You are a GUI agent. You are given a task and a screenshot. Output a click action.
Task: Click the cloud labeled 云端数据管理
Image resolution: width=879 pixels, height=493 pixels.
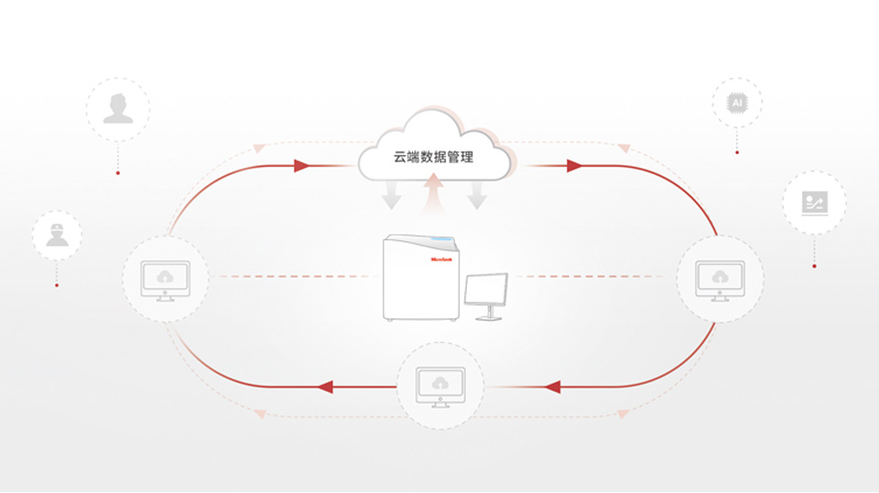tap(434, 153)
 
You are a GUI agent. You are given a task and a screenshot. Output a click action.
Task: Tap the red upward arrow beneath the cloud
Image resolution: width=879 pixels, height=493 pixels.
tap(435, 194)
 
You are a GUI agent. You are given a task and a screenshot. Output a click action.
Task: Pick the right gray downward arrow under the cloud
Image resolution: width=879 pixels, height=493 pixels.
tap(477, 194)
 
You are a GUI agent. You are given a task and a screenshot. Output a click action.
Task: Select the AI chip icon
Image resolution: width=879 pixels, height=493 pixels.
tap(736, 104)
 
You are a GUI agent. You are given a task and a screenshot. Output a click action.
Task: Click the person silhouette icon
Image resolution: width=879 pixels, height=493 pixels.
tap(117, 108)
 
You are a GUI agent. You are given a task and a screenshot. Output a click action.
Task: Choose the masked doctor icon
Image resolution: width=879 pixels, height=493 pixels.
tap(57, 235)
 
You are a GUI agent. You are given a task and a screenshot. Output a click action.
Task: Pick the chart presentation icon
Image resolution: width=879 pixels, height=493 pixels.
tap(814, 203)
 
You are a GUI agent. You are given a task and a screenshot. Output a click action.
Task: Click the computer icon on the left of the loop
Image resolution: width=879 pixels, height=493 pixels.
tap(165, 277)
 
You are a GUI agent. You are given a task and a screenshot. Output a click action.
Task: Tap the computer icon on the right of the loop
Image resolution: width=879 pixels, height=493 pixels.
tap(720, 277)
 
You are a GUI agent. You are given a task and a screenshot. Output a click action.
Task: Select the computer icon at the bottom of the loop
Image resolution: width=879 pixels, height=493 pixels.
tap(440, 385)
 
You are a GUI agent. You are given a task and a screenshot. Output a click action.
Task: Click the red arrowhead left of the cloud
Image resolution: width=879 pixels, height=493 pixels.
tap(302, 167)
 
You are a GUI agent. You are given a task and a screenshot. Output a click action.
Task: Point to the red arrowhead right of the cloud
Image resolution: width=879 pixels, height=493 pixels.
tap(575, 167)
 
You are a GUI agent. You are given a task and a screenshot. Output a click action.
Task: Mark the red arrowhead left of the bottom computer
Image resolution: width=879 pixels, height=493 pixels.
tap(325, 388)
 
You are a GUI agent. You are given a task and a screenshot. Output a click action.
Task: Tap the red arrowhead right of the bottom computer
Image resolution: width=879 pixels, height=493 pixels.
tap(552, 388)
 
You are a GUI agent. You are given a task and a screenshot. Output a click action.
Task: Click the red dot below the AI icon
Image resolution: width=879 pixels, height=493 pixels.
tap(736, 152)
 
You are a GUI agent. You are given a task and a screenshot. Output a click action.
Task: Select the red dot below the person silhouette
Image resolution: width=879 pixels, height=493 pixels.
tap(117, 172)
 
